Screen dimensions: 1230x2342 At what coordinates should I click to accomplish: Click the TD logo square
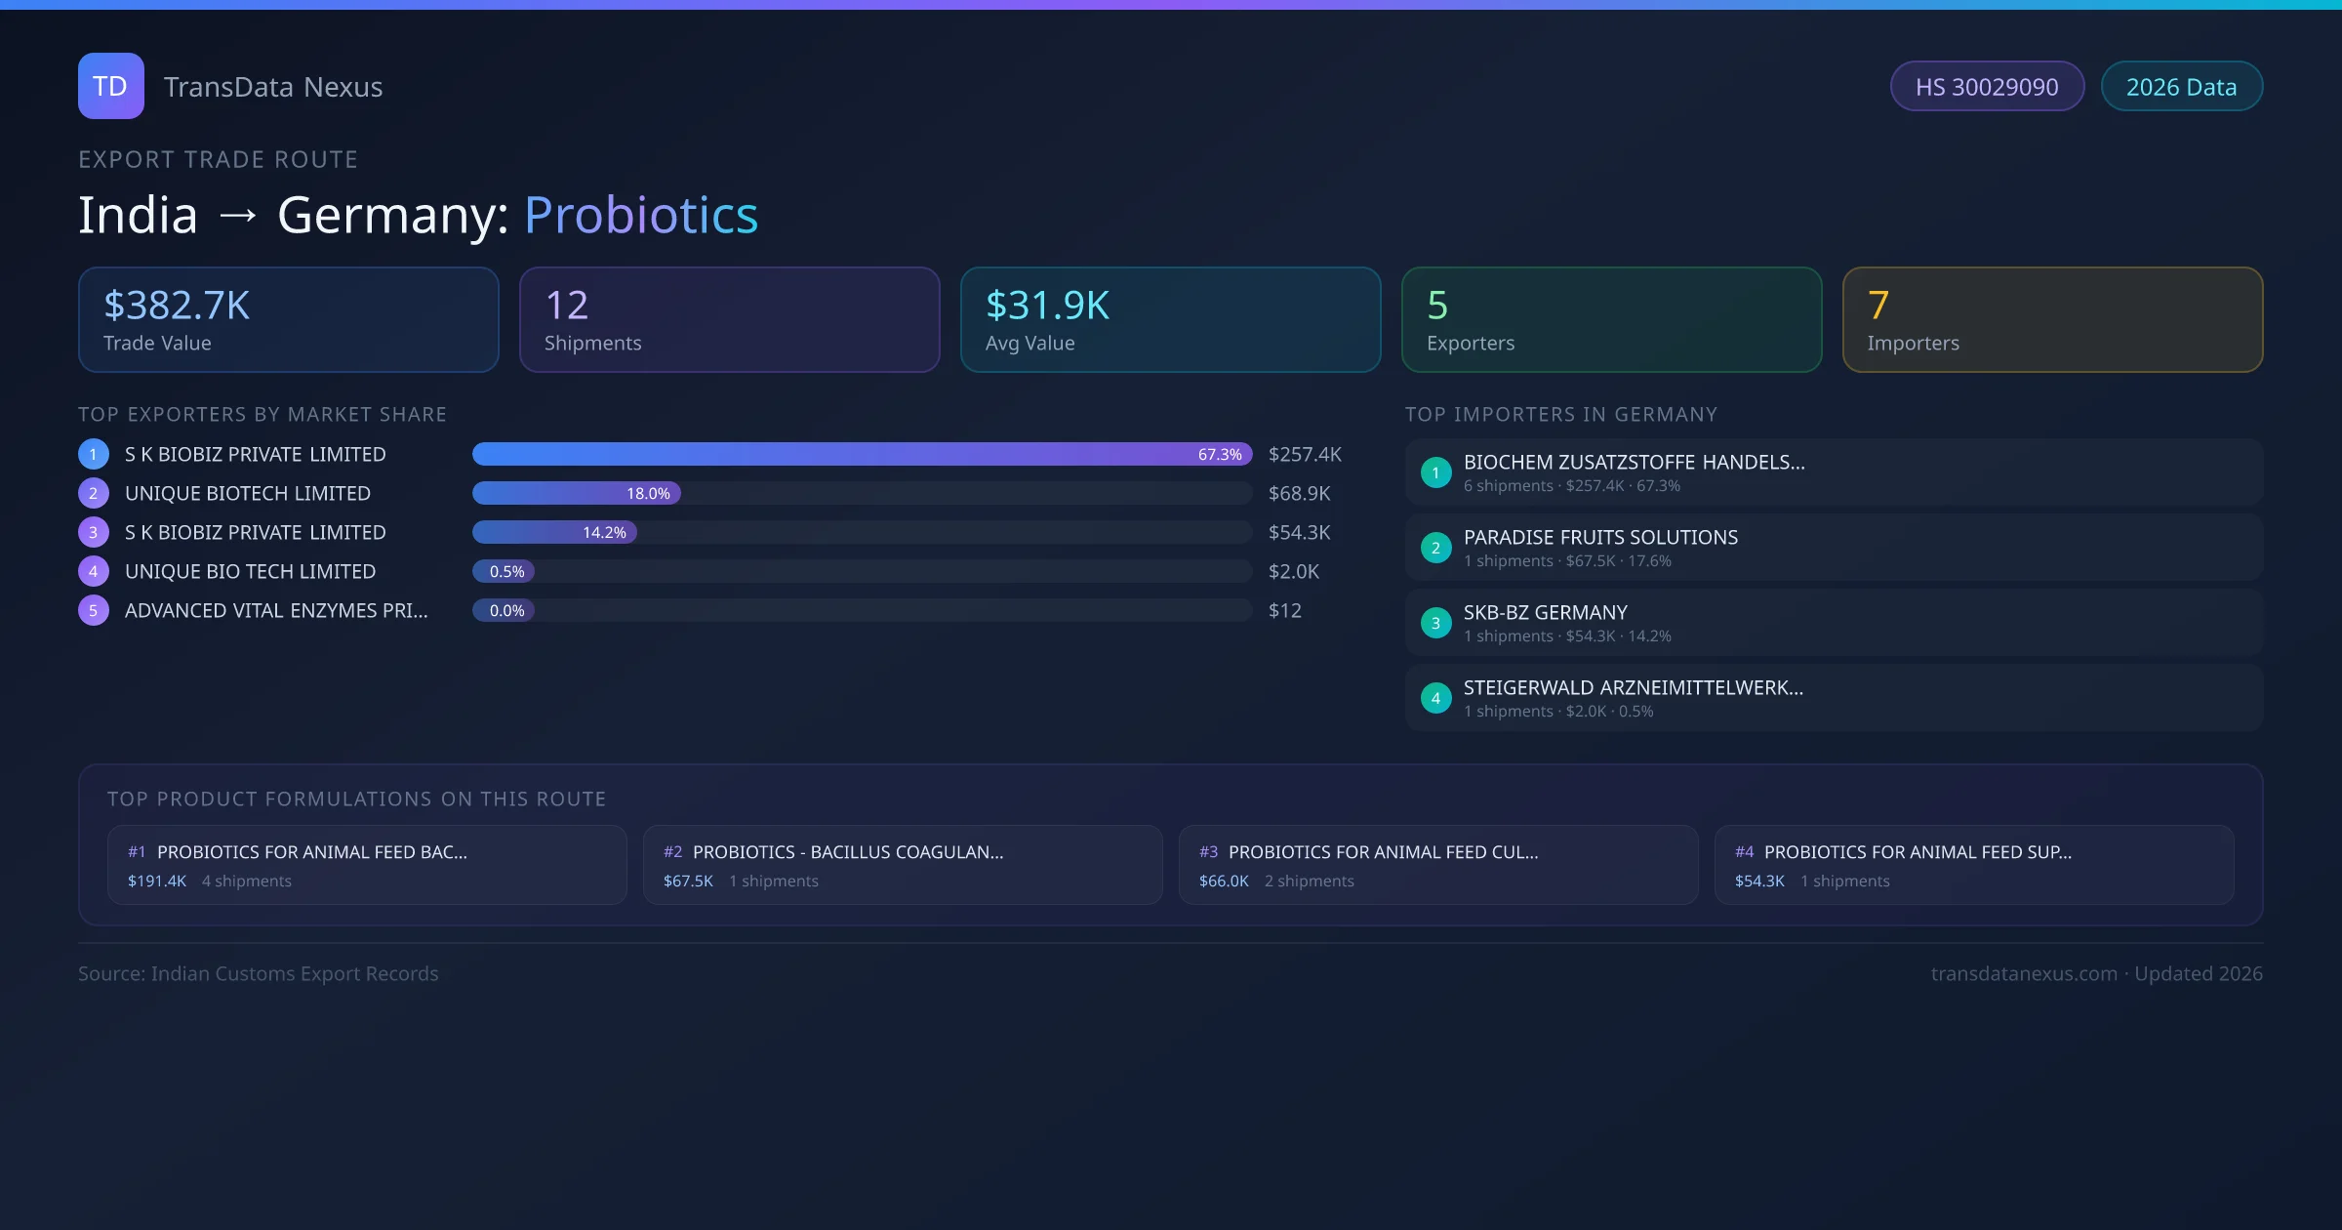pos(110,86)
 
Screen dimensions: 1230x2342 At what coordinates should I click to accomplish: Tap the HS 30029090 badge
pos(1986,87)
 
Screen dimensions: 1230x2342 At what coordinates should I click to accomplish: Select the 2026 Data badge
pos(2181,87)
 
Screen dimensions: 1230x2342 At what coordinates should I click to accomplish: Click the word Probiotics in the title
pos(640,215)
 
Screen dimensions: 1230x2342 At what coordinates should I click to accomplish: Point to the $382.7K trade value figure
pos(177,306)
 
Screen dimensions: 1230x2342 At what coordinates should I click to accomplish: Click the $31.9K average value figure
pos(1047,306)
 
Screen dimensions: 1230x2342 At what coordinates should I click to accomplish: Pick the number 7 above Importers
pos(1878,306)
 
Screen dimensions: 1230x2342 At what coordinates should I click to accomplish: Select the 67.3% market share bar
pos(861,454)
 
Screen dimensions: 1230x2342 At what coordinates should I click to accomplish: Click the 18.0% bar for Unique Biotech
pos(576,493)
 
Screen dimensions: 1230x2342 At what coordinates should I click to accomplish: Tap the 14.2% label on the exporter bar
pos(604,532)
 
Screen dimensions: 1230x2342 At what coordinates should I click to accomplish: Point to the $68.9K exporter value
pos(1299,493)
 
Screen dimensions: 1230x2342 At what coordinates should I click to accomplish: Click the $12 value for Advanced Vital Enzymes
pos(1284,610)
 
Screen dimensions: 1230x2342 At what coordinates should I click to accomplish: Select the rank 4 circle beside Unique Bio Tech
pos(94,571)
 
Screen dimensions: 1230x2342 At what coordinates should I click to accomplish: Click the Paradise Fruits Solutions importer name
pos(1600,537)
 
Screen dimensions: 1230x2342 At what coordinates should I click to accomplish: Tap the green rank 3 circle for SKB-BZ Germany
pos(1435,623)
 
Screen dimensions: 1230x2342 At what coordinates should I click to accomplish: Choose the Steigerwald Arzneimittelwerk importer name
pos(1633,687)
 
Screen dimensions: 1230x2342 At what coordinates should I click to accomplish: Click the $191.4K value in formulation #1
pos(157,881)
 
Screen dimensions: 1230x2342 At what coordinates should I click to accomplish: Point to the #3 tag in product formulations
pos(1208,852)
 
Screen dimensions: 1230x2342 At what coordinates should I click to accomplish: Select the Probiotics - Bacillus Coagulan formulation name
pos(847,852)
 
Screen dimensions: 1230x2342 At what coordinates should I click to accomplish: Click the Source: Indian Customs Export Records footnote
pos(258,973)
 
